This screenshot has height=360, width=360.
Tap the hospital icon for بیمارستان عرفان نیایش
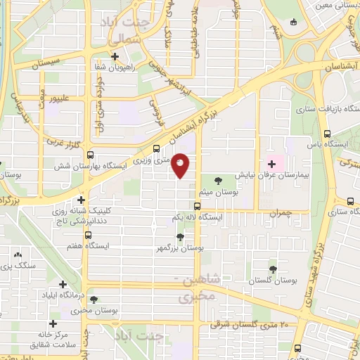coord(271,163)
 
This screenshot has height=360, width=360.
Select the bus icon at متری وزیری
coord(156,148)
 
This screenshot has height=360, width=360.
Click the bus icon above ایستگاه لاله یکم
coord(198,207)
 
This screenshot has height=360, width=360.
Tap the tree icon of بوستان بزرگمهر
coord(181,237)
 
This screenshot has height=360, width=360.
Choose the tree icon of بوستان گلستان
coord(273,269)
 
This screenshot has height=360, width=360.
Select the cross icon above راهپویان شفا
coord(115,56)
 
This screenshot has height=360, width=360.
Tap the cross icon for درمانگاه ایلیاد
coord(63,285)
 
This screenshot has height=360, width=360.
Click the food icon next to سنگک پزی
coord(18,255)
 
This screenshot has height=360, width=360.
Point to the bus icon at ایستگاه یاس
coord(326,134)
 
